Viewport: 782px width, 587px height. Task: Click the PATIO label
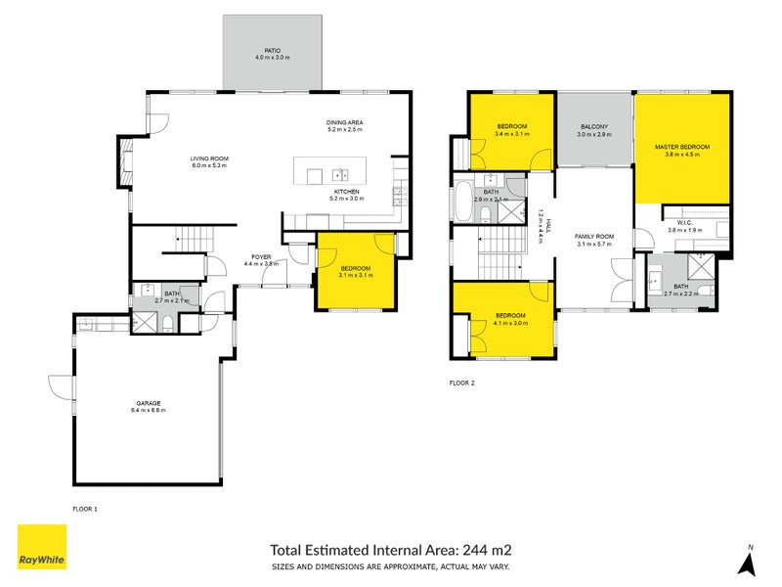point(273,50)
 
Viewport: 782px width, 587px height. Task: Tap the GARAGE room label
point(149,402)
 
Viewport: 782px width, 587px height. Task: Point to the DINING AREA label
point(344,122)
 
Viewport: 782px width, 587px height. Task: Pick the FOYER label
point(260,257)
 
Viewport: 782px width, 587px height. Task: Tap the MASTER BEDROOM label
point(681,147)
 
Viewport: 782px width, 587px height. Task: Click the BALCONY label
point(593,127)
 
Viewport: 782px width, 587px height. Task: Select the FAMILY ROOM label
point(593,237)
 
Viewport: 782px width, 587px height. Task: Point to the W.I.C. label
point(679,222)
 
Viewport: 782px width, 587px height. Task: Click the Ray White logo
point(42,548)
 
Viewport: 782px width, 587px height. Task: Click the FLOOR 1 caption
point(86,509)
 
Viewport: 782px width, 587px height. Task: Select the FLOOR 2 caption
point(461,383)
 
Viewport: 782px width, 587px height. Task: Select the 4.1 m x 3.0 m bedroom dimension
point(511,322)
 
